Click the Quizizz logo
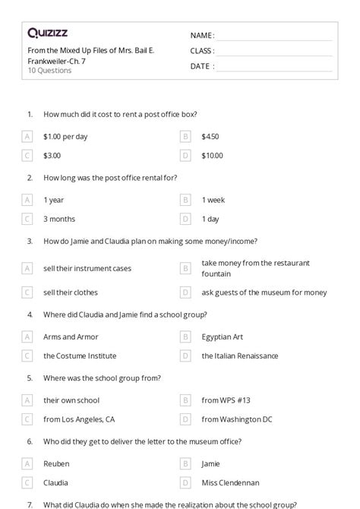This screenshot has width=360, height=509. pos(48,32)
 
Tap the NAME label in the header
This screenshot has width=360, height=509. pos(201,35)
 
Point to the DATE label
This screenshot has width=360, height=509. pos(201,66)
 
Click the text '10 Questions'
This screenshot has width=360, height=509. pos(49,71)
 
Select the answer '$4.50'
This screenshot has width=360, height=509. pos(210,137)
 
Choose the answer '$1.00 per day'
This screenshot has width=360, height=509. pos(65,137)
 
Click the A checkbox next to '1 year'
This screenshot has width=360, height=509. pos(27,200)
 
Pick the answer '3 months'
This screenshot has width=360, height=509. pos(59,219)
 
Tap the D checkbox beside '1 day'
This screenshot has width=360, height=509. pos(185,219)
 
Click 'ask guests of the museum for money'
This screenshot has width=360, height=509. pos(264,292)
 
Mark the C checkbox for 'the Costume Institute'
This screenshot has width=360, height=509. pos(27,356)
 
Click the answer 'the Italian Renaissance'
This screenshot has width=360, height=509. pos(239,356)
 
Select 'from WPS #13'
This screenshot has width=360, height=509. pos(226,400)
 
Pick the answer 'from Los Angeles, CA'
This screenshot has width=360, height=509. pos(79,419)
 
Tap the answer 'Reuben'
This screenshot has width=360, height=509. pos(56,463)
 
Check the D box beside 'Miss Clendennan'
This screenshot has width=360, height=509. pos(185,482)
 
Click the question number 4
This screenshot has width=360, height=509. pos(30,314)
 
